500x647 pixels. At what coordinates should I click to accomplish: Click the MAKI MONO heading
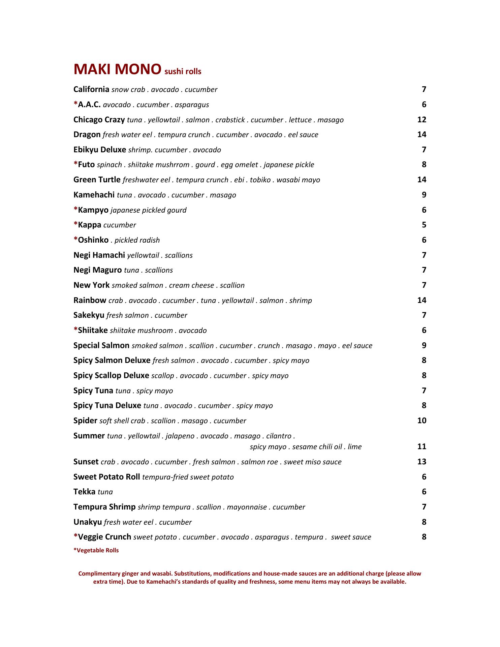click(x=117, y=69)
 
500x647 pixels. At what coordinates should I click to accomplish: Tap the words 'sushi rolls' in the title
click(x=183, y=71)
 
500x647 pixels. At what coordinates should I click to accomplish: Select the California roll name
click(x=91, y=89)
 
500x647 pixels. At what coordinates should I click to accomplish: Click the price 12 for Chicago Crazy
click(x=421, y=120)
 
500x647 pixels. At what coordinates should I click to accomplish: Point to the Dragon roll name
click(x=87, y=134)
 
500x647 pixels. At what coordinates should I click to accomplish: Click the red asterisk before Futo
click(x=75, y=164)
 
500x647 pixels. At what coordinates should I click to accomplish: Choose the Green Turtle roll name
click(x=97, y=180)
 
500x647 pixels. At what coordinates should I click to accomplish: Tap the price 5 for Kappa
click(x=424, y=225)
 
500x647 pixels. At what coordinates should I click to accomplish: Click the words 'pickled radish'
click(x=137, y=240)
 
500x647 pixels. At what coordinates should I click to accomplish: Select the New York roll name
click(x=91, y=285)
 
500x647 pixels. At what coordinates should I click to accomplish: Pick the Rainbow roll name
click(x=90, y=300)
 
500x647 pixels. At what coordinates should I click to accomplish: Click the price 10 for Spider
click(x=421, y=421)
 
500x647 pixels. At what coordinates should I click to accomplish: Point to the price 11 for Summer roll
click(x=421, y=446)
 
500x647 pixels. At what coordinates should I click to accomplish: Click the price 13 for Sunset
click(x=421, y=462)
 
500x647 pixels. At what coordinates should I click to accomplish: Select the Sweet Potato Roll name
click(x=106, y=477)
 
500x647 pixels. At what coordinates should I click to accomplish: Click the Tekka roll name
click(x=84, y=492)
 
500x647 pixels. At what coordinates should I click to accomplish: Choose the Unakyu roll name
click(x=87, y=522)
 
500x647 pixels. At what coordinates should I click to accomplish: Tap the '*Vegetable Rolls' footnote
click(x=96, y=550)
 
